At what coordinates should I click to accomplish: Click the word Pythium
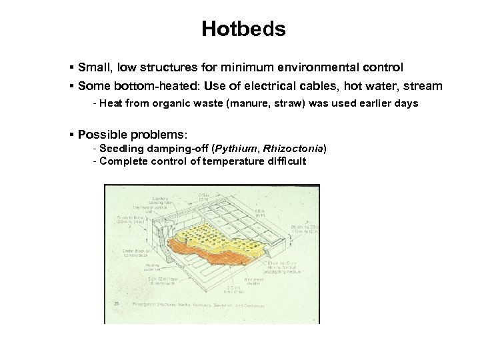(x=234, y=148)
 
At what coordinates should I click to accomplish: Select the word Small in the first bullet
(x=93, y=67)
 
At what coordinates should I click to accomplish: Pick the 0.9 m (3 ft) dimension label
(x=203, y=197)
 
